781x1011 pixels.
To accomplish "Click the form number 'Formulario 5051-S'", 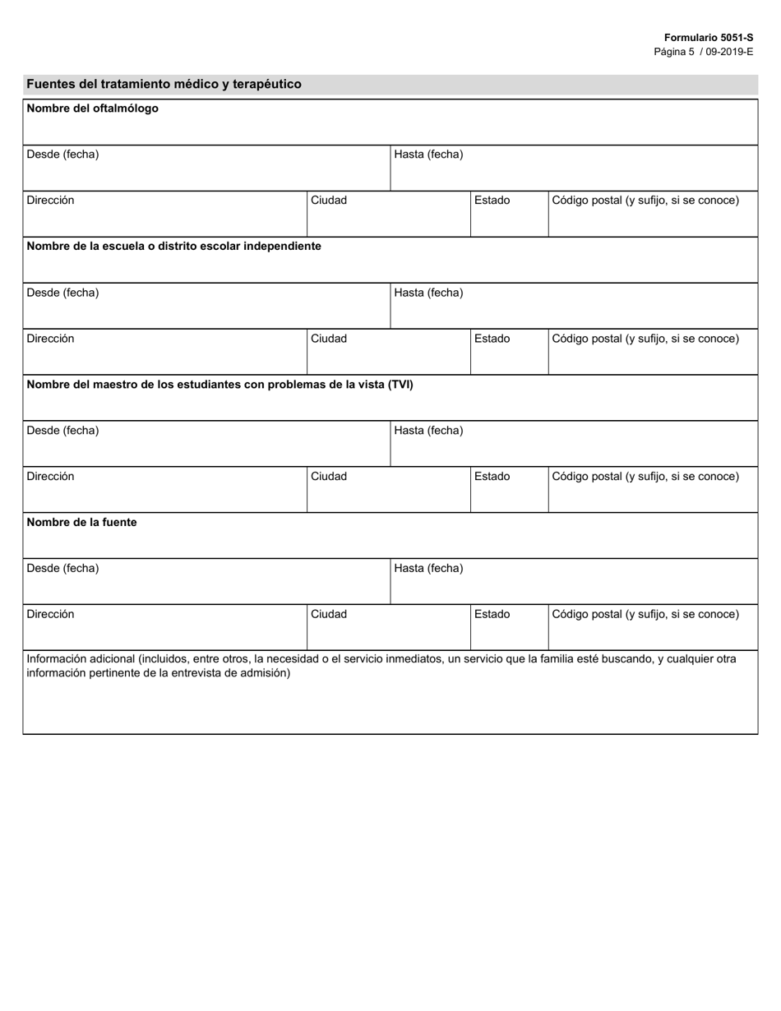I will tap(709, 38).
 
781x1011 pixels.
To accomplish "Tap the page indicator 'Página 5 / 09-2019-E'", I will tap(703, 51).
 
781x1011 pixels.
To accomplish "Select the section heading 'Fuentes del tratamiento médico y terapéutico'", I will tap(164, 84).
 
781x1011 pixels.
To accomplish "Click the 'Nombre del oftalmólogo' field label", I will tap(93, 108).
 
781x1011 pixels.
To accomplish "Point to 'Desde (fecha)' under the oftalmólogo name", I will tap(62, 155).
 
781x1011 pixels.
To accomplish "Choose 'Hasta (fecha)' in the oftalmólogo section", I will tap(428, 155).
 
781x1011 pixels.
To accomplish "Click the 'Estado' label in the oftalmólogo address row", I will tap(492, 201).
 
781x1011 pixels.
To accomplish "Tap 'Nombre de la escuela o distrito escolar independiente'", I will tap(174, 247).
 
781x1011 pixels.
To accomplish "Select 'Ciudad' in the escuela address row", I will tap(329, 339).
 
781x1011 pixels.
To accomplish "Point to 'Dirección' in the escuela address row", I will tap(50, 339).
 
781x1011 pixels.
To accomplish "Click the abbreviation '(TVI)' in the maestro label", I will tap(400, 385).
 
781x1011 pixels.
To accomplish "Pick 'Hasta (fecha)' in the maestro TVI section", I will tap(428, 431).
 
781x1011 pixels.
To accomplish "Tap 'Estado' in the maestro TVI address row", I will tap(492, 477).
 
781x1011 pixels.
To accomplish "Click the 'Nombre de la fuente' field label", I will tap(82, 523).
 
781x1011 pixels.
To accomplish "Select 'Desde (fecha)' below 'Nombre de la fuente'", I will tap(62, 569).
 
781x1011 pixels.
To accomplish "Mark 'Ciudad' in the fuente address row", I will tap(329, 615).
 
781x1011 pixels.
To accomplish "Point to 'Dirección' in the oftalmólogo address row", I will tap(50, 201).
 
